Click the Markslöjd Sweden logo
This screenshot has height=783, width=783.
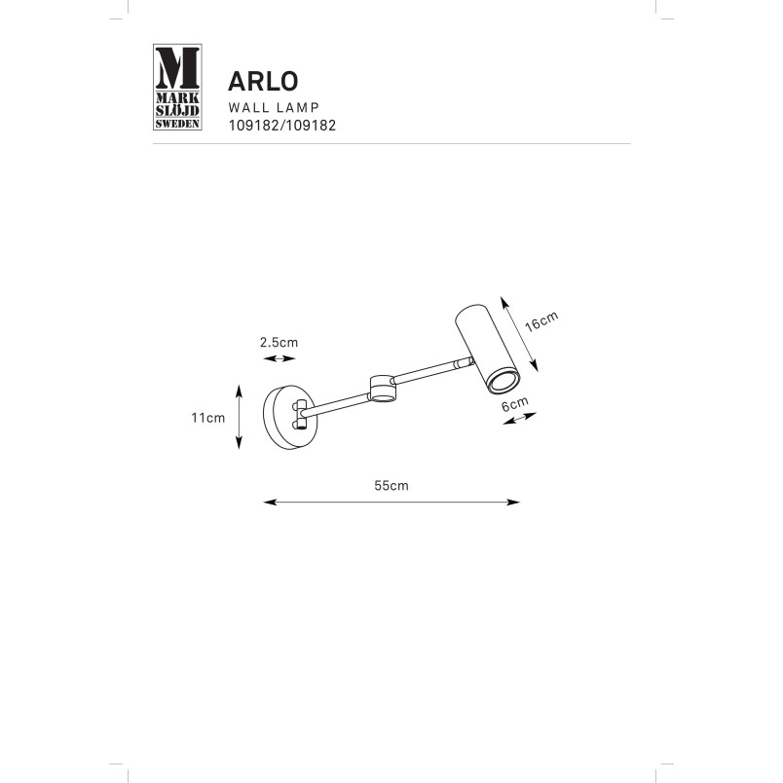[177, 87]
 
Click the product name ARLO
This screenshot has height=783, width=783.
[263, 82]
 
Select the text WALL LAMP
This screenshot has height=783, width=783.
[274, 107]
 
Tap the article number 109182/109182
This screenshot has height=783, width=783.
[282, 126]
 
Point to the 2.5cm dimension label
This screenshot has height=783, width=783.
[279, 343]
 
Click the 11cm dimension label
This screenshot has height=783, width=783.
[208, 418]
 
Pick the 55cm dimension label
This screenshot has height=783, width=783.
[391, 485]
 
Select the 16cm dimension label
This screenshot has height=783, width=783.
[541, 321]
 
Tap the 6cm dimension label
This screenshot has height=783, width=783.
[515, 403]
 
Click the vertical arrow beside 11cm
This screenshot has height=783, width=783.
[240, 417]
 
